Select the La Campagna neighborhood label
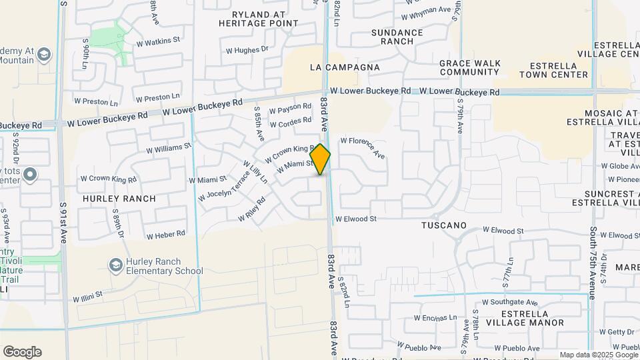point(345,67)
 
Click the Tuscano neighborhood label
point(443,225)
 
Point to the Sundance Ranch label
point(397,37)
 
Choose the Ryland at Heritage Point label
point(258,19)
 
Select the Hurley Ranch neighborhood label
point(119,199)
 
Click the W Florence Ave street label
point(363,147)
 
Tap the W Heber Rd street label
point(165,235)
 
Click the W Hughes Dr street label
point(247,49)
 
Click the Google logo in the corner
point(22,351)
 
